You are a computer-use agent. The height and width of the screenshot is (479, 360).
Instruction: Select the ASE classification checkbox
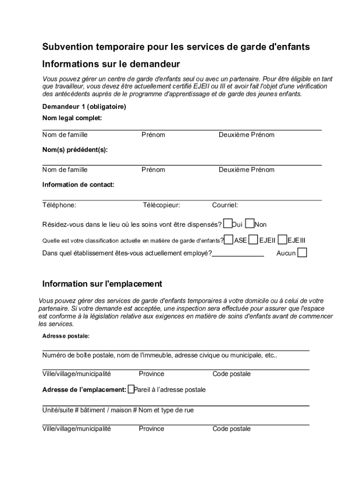pos(229,239)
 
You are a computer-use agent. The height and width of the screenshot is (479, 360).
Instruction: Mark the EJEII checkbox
pos(253,239)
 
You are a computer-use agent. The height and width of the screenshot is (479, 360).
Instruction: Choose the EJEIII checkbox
pos(282,239)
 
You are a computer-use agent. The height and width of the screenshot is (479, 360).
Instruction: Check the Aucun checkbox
pos(302,253)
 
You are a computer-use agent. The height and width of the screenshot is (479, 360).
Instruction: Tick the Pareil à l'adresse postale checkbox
pos(131,389)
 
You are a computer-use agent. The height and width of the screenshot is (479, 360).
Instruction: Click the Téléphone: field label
pos(59,205)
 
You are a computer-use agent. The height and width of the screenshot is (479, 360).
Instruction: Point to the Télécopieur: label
pos(161,205)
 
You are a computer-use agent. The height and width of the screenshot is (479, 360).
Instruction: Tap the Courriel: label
pos(225,205)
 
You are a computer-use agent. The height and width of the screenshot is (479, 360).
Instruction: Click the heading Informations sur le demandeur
pos(111,64)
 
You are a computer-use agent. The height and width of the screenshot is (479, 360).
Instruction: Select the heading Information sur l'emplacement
pos(102,284)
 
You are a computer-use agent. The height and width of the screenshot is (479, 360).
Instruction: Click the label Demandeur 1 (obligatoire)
pos(84,107)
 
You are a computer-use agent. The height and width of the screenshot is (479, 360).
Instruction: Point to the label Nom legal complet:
pos(72,118)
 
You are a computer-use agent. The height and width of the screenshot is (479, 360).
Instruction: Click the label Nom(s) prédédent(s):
pos(75,150)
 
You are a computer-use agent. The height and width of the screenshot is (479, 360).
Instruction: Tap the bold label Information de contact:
pos(78,185)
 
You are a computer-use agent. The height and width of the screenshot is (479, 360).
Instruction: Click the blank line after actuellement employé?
pos(238,254)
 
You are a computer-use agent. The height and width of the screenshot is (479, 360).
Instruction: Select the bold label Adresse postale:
pos(65,336)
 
